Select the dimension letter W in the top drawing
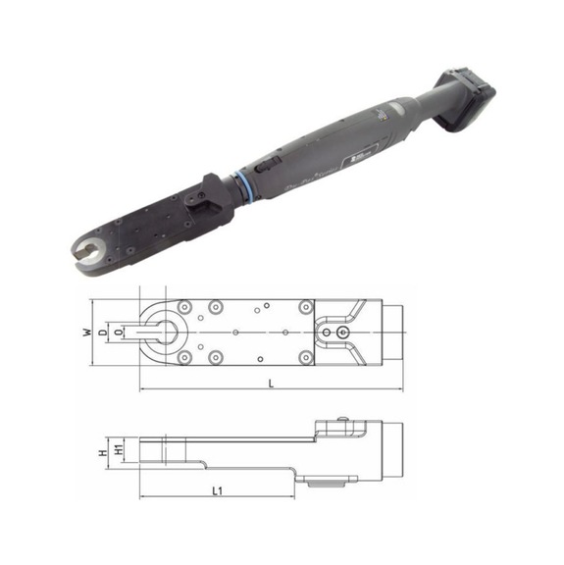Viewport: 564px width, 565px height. click(87, 334)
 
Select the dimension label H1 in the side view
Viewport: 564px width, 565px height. click(118, 449)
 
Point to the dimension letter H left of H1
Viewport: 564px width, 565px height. click(101, 453)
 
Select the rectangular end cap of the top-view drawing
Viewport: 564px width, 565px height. click(391, 334)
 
